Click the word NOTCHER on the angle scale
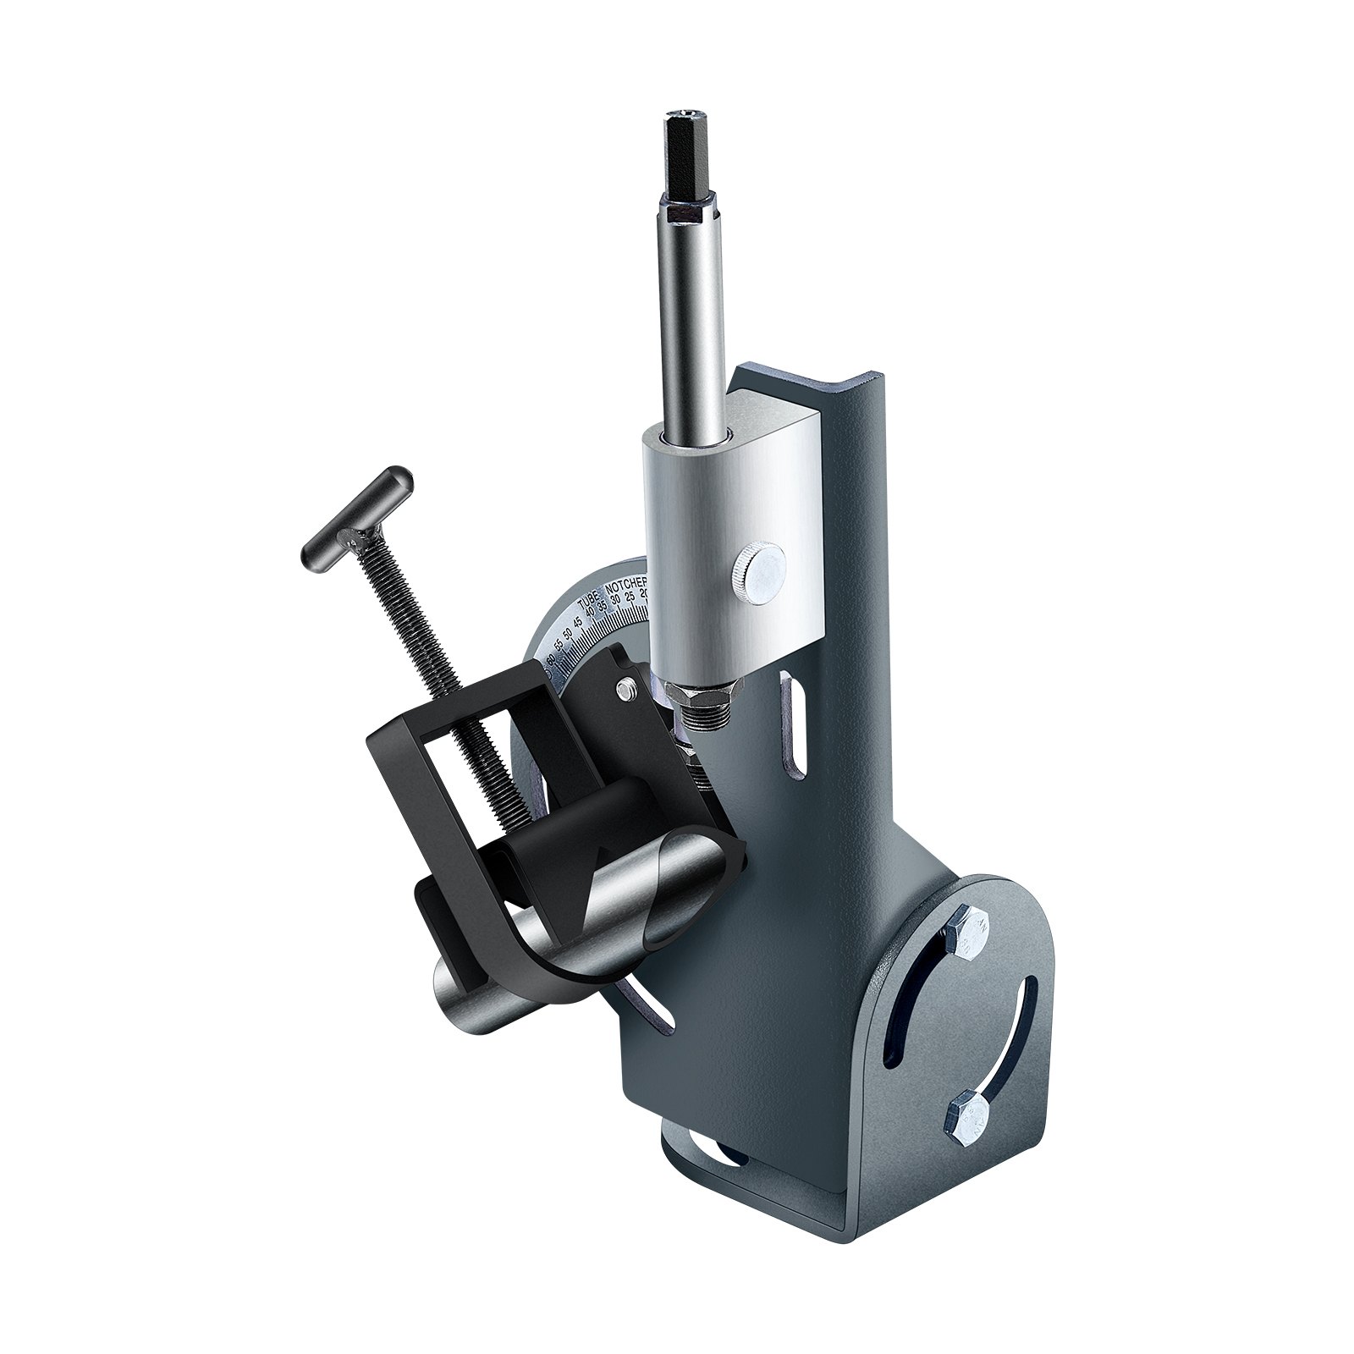click(x=627, y=585)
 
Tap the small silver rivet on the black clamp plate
click(x=627, y=691)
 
